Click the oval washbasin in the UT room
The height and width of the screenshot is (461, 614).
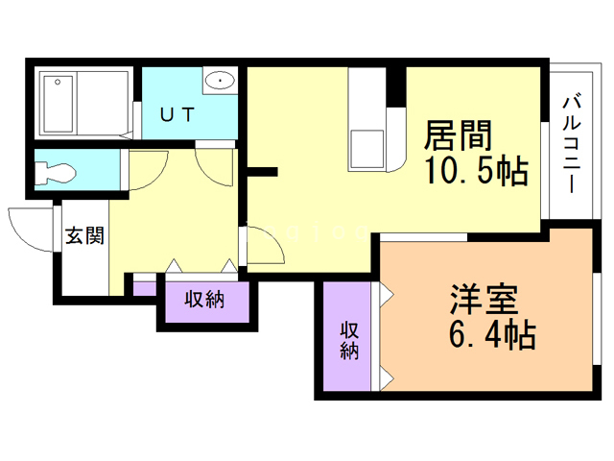pyautogui.click(x=220, y=81)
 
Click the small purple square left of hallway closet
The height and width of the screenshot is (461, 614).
pyautogui.click(x=144, y=286)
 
